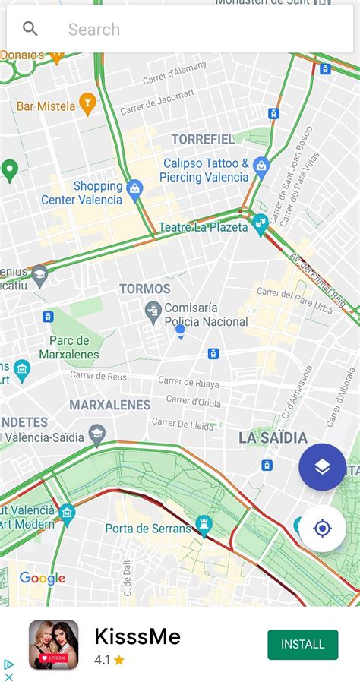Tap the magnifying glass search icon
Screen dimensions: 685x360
click(30, 30)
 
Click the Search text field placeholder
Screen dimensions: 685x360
click(94, 30)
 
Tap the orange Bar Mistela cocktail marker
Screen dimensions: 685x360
click(87, 105)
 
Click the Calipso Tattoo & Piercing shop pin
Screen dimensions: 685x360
click(261, 165)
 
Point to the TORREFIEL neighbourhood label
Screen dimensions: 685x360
click(203, 139)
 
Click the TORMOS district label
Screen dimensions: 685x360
click(145, 289)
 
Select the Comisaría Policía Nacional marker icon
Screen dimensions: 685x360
click(153, 310)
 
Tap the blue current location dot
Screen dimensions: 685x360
click(180, 330)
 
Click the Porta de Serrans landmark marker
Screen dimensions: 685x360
click(203, 524)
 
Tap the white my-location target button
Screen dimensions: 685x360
click(322, 528)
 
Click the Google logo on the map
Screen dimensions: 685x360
click(43, 579)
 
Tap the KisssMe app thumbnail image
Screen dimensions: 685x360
click(54, 645)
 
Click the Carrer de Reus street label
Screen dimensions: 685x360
click(98, 374)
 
